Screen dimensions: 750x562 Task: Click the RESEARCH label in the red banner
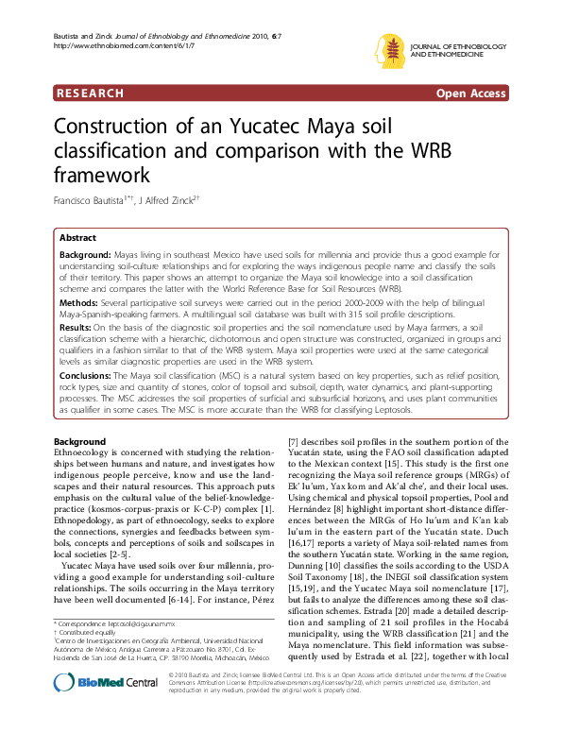[91, 94]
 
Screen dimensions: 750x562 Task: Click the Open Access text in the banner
[470, 94]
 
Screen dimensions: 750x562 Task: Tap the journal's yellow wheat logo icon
[390, 50]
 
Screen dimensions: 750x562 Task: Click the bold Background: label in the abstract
[84, 256]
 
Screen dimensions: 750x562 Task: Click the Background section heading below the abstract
[80, 442]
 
